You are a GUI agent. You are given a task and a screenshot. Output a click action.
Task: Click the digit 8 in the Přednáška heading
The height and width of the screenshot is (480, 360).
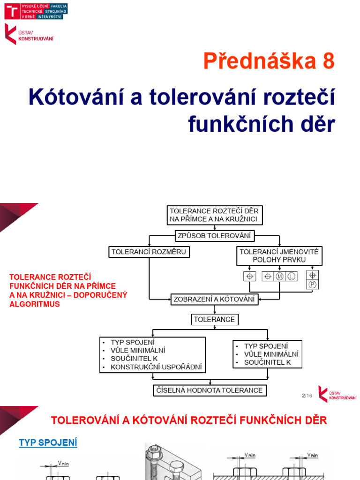pos(328,61)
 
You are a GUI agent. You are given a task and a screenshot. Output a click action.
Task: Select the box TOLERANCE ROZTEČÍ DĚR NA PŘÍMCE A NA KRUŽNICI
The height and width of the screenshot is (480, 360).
pos(214,215)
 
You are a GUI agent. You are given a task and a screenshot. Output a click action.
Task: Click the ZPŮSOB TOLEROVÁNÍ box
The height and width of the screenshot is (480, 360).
pos(214,235)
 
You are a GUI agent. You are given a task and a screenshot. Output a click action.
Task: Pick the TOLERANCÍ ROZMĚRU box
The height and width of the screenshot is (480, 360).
pos(149,252)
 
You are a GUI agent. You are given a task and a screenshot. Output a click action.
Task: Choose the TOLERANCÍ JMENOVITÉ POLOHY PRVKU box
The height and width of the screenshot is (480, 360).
pos(279,255)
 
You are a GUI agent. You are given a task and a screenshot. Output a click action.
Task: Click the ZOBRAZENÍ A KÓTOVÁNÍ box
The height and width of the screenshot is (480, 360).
pos(214,299)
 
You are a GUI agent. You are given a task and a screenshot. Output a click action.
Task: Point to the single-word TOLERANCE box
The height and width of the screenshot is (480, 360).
pos(214,320)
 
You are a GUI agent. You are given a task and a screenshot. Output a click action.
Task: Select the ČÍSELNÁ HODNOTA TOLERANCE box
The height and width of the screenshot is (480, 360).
pos(210,390)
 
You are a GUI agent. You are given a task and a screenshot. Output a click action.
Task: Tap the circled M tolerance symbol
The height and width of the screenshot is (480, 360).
pos(280,277)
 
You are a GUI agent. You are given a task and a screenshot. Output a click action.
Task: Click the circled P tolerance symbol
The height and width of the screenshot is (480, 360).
pos(313,285)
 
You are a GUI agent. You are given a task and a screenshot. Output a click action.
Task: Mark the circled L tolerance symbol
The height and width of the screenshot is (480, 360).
pos(291,277)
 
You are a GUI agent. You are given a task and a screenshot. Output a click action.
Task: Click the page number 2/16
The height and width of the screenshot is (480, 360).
pos(307,396)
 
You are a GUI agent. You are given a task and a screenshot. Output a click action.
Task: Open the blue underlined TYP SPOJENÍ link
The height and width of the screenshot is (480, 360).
pos(48,442)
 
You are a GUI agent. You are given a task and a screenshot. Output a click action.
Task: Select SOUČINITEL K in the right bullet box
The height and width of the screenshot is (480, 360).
pos(267,362)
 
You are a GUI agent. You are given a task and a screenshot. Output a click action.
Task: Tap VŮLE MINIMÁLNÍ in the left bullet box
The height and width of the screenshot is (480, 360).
pos(138,350)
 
